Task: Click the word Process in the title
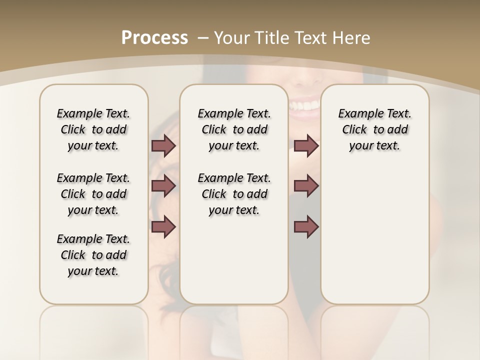[154, 38]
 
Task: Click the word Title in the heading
[273, 38]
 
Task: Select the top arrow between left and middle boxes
[163, 146]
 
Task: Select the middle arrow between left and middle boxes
[163, 186]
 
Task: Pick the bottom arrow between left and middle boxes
[163, 226]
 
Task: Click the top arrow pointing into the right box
[306, 146]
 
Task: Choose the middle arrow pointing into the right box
[306, 186]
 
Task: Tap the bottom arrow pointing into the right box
[306, 226]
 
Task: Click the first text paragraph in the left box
[93, 129]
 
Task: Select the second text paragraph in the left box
[93, 194]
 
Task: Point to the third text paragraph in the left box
[93, 255]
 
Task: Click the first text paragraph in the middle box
[234, 129]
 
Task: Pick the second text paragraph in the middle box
[234, 194]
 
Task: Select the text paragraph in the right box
[374, 129]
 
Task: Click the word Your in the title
[232, 38]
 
